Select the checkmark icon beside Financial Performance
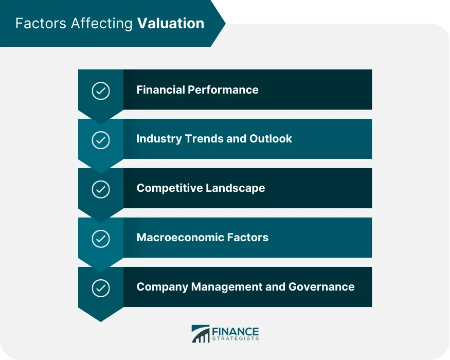point(101,91)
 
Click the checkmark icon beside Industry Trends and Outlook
point(101,140)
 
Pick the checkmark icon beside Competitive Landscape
point(101,189)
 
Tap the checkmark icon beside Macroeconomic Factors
point(101,239)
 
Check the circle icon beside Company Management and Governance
point(101,288)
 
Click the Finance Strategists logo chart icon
point(200,334)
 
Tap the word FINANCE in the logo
point(235,332)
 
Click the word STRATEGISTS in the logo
point(235,339)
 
